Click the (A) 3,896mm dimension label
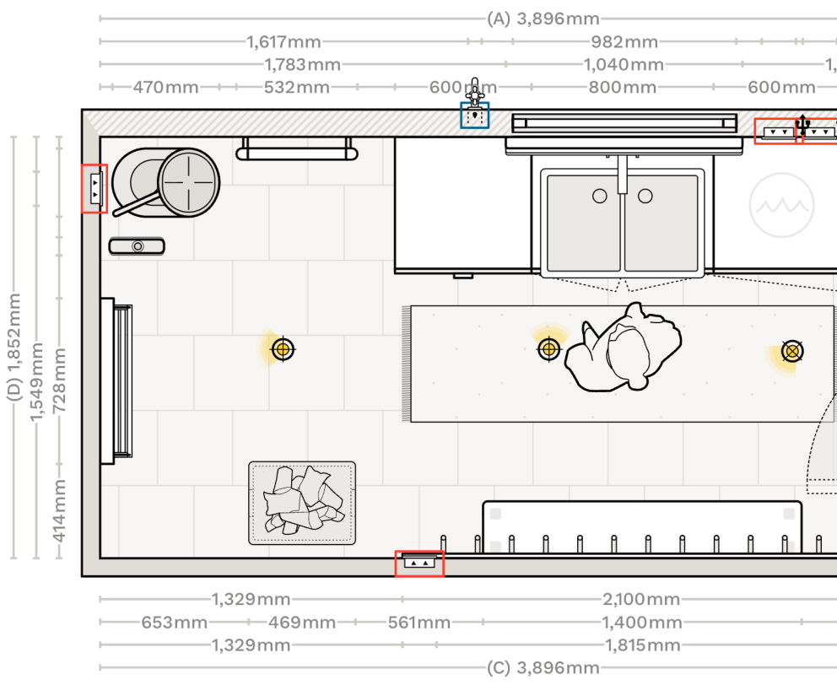pos(543,19)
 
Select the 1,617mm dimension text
pos(283,41)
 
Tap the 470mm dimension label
pos(165,87)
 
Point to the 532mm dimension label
pos(297,87)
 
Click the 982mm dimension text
pos(624,41)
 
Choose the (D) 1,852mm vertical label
pos(14,347)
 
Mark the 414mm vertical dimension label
pos(59,511)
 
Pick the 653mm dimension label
pos(174,623)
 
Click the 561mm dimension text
pos(419,623)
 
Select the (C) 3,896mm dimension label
pos(543,668)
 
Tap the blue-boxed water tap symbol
pos(475,115)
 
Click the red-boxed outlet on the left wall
pos(94,188)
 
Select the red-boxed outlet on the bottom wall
pos(419,564)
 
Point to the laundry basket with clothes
pos(302,503)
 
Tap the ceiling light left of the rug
pos(283,349)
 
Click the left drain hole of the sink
pos(599,196)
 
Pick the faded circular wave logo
pos(781,205)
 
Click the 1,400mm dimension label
pos(641,623)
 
